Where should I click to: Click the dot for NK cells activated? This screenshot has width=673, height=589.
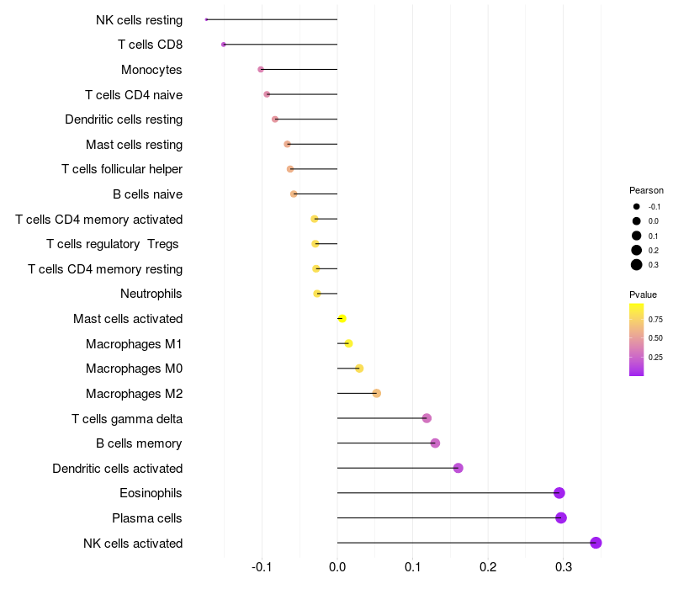(x=596, y=543)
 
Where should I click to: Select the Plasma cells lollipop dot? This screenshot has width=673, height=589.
(x=561, y=518)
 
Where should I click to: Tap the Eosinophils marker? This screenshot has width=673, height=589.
(x=559, y=493)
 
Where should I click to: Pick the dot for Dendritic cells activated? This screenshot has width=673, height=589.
(x=458, y=468)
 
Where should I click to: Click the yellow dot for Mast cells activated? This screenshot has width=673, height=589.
(x=342, y=319)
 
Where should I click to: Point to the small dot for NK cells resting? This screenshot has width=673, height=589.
(x=206, y=19)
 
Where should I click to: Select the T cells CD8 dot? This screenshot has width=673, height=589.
(x=223, y=45)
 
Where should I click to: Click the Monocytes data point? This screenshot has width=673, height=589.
(x=261, y=69)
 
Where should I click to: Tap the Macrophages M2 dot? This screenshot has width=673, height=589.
(x=376, y=394)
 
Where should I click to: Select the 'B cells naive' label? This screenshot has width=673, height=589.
(x=147, y=194)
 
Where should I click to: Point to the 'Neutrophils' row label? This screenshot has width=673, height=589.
(x=151, y=294)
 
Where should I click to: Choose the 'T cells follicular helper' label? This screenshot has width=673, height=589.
(x=122, y=169)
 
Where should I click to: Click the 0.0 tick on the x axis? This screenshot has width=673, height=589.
(x=337, y=568)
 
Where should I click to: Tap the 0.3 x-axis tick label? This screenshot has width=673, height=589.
(x=564, y=568)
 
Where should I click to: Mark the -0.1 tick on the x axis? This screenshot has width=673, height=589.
(x=262, y=568)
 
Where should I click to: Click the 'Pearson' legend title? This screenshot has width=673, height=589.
(x=646, y=190)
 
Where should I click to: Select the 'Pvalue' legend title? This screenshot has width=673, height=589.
(x=643, y=294)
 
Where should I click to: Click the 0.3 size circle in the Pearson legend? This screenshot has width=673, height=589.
(x=637, y=265)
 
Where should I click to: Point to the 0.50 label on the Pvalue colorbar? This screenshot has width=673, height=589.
(x=655, y=338)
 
